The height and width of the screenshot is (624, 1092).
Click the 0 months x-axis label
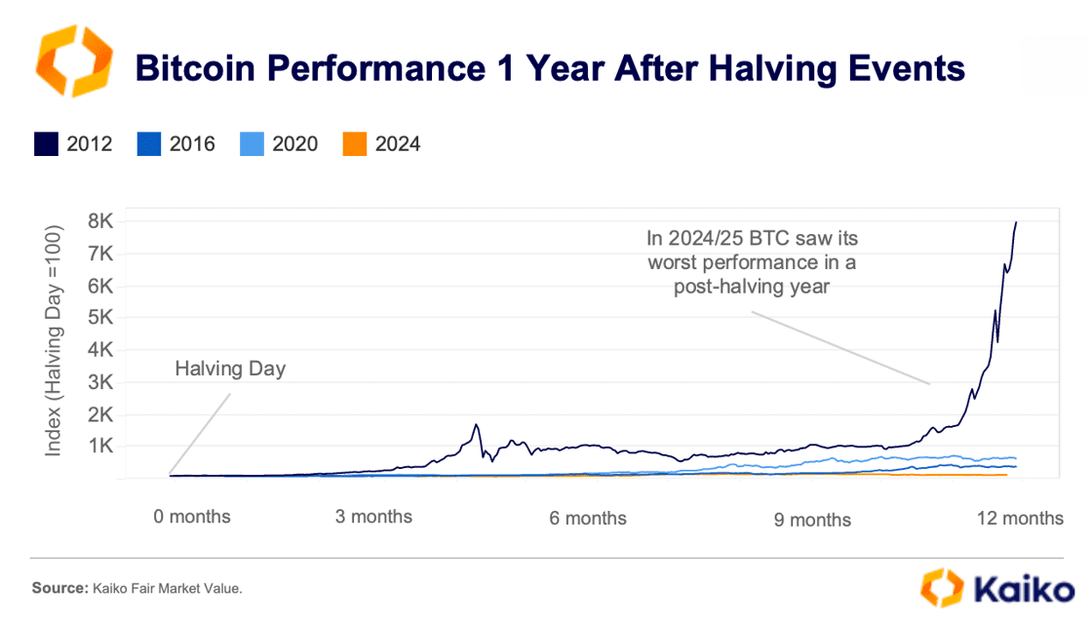(x=192, y=516)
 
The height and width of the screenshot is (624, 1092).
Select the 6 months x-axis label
(x=588, y=518)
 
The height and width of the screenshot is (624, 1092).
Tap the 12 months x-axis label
(x=1021, y=518)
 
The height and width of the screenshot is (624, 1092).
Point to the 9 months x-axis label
(x=812, y=520)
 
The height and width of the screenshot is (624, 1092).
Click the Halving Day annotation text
(x=231, y=370)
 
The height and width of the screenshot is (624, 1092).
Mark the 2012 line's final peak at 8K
(x=1016, y=222)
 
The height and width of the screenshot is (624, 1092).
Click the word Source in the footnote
(x=59, y=589)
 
